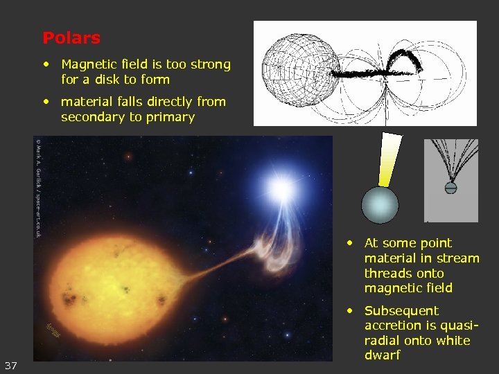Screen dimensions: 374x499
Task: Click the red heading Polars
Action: pos(71,38)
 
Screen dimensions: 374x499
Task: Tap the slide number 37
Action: pos(11,365)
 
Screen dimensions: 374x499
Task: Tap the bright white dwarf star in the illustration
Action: pos(281,188)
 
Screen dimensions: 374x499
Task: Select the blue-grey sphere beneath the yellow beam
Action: pos(380,206)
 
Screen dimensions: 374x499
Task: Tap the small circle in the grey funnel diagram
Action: pos(450,187)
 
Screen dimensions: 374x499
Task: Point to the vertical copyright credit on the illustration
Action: pos(37,187)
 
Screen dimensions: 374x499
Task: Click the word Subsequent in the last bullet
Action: pos(401,311)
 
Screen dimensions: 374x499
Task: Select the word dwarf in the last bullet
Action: pos(382,355)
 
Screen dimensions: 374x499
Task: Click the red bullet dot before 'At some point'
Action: pos(352,243)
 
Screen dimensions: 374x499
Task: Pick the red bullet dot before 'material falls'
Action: pos(46,102)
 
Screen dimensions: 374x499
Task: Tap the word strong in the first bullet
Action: pos(211,64)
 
